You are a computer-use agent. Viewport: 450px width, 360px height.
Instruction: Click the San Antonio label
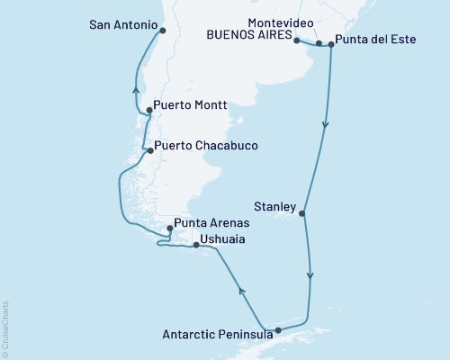123,26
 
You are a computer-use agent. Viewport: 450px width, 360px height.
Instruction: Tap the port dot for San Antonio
162,30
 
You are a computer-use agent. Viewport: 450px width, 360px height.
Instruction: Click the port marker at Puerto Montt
148,112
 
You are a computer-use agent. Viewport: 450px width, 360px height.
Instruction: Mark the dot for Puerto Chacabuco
149,151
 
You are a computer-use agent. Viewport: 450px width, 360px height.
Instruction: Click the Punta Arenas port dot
169,229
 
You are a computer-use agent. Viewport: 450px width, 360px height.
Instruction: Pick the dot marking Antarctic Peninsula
278,330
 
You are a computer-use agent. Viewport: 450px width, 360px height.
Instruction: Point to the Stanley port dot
302,214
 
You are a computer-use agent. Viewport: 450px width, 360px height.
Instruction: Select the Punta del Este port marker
331,43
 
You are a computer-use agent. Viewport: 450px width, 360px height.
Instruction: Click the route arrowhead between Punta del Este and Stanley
325,126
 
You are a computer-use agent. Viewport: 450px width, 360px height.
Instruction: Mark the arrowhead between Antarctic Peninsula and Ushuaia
240,290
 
